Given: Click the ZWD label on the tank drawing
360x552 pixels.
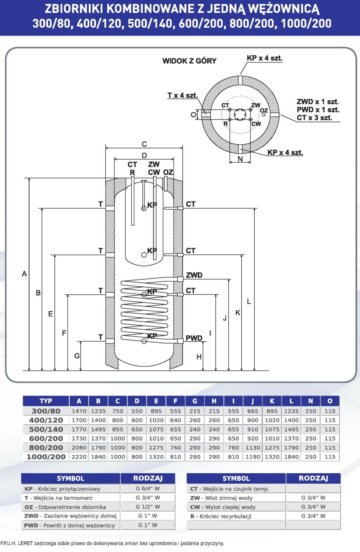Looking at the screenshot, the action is (x=194, y=275).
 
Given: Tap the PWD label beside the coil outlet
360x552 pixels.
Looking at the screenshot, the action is (x=194, y=338).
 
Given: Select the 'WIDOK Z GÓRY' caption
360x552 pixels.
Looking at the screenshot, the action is (x=189, y=61).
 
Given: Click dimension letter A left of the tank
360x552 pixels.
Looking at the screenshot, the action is (x=24, y=274).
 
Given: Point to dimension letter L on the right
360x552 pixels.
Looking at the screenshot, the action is (x=249, y=301).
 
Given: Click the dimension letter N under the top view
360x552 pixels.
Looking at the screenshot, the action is (x=240, y=159).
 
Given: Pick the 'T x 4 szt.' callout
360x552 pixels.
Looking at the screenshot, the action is (x=182, y=95).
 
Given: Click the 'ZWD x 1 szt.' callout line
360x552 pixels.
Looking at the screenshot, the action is (x=318, y=102).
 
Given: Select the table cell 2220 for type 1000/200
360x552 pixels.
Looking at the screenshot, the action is (x=79, y=457).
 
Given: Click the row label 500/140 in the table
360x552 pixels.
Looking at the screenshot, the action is (x=46, y=430).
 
